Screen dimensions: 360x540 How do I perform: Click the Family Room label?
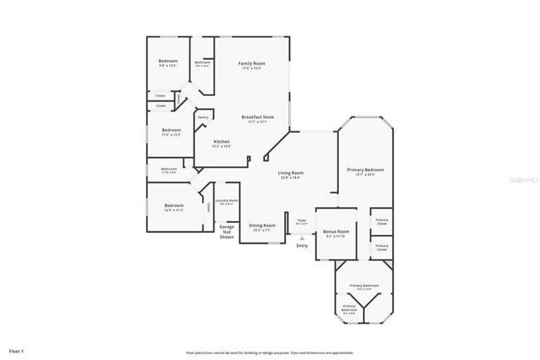pos(252,63)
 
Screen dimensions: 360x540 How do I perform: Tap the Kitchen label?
pos(222,141)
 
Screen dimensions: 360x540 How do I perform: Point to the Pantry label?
pos(203,117)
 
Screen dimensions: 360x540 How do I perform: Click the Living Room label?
pos(291,172)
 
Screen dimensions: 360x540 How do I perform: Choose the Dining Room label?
pos(263,225)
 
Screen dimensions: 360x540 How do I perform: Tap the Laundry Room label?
pos(228,200)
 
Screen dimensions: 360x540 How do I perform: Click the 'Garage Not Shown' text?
pos(227,231)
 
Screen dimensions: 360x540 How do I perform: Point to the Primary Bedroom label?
pos(365,170)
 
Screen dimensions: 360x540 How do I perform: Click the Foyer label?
pos(302,220)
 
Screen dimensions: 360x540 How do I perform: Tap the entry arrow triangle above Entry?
pos(302,237)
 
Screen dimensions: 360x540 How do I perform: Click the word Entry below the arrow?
pos(302,245)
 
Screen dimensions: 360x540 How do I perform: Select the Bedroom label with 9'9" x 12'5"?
pos(168,61)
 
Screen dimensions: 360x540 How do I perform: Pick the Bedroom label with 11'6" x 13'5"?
pos(171,130)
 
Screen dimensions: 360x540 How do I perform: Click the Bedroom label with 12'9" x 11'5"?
pos(173,205)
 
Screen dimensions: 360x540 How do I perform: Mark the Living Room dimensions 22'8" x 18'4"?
pos(291,177)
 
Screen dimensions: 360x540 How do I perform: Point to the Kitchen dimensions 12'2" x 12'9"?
pos(222,147)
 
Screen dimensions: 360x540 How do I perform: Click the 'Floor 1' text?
pos(17,352)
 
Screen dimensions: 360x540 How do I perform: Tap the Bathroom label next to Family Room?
pos(202,62)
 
